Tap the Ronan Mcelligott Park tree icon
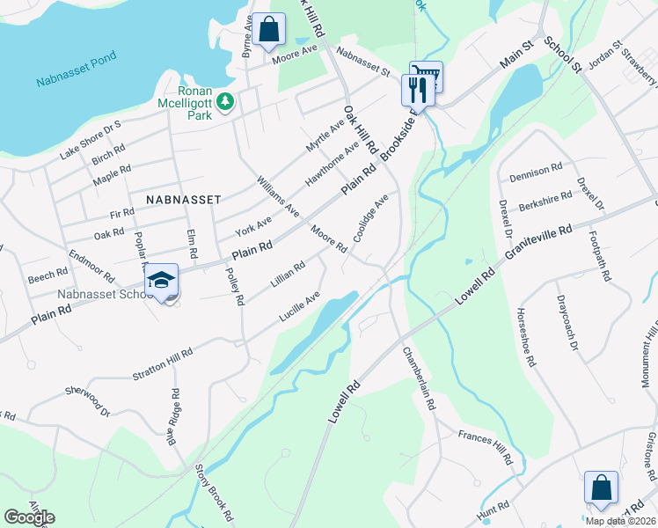click(226, 104)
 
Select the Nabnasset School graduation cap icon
click(162, 281)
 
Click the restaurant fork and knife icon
click(416, 89)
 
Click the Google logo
click(29, 517)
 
